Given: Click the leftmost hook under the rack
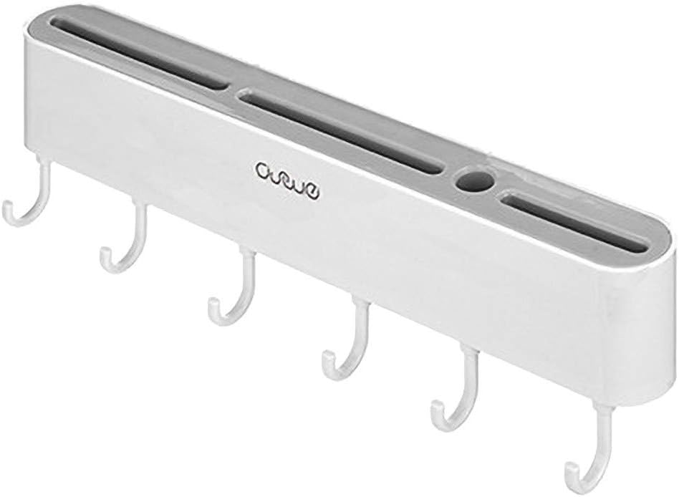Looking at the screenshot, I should (x=27, y=201).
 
